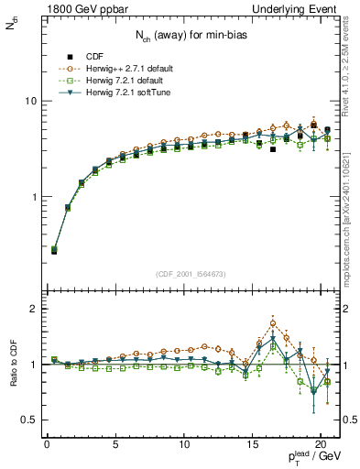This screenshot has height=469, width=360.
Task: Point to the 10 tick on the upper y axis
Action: point(34,102)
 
